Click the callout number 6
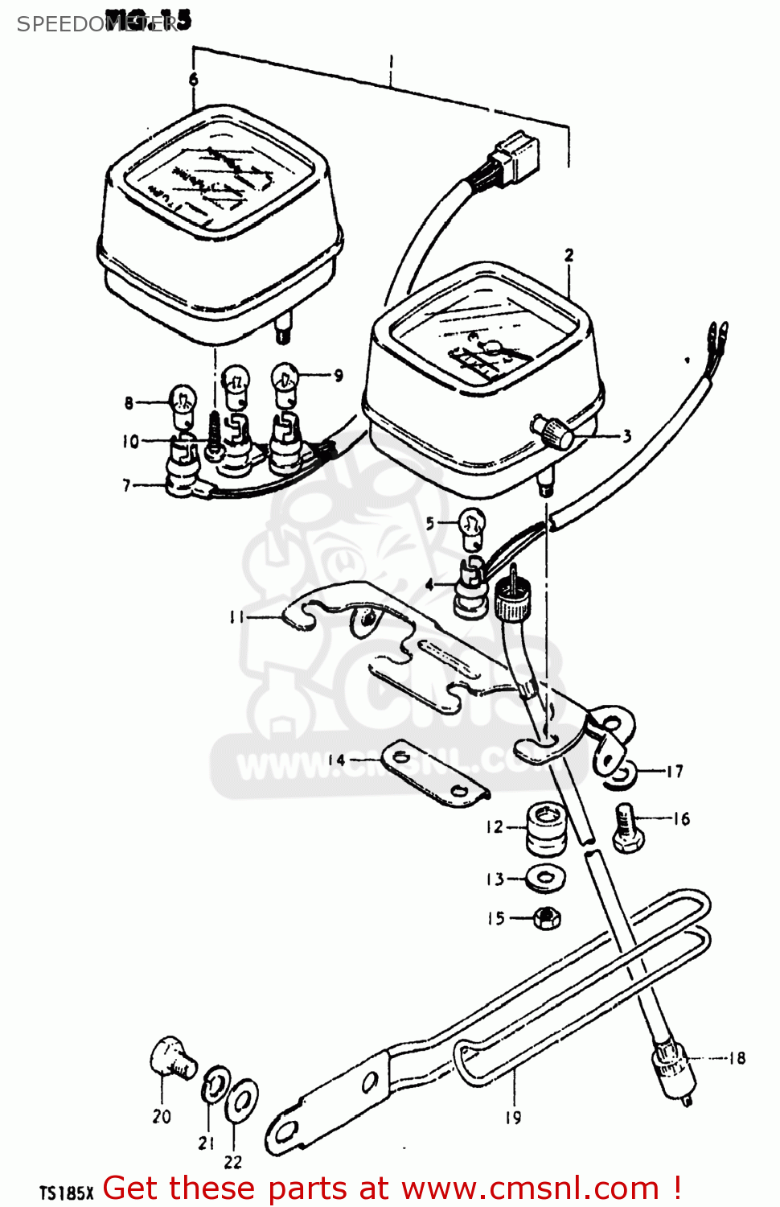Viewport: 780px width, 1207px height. pyautogui.click(x=193, y=79)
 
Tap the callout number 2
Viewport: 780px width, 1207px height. pyautogui.click(x=569, y=255)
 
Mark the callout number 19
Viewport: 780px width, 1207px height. pyautogui.click(x=513, y=1117)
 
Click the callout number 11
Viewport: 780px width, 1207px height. pyautogui.click(x=236, y=617)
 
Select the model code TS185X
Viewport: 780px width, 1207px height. pyautogui.click(x=68, y=1193)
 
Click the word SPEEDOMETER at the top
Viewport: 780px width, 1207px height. pyautogui.click(x=96, y=23)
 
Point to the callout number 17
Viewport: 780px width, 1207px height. pyautogui.click(x=675, y=772)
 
